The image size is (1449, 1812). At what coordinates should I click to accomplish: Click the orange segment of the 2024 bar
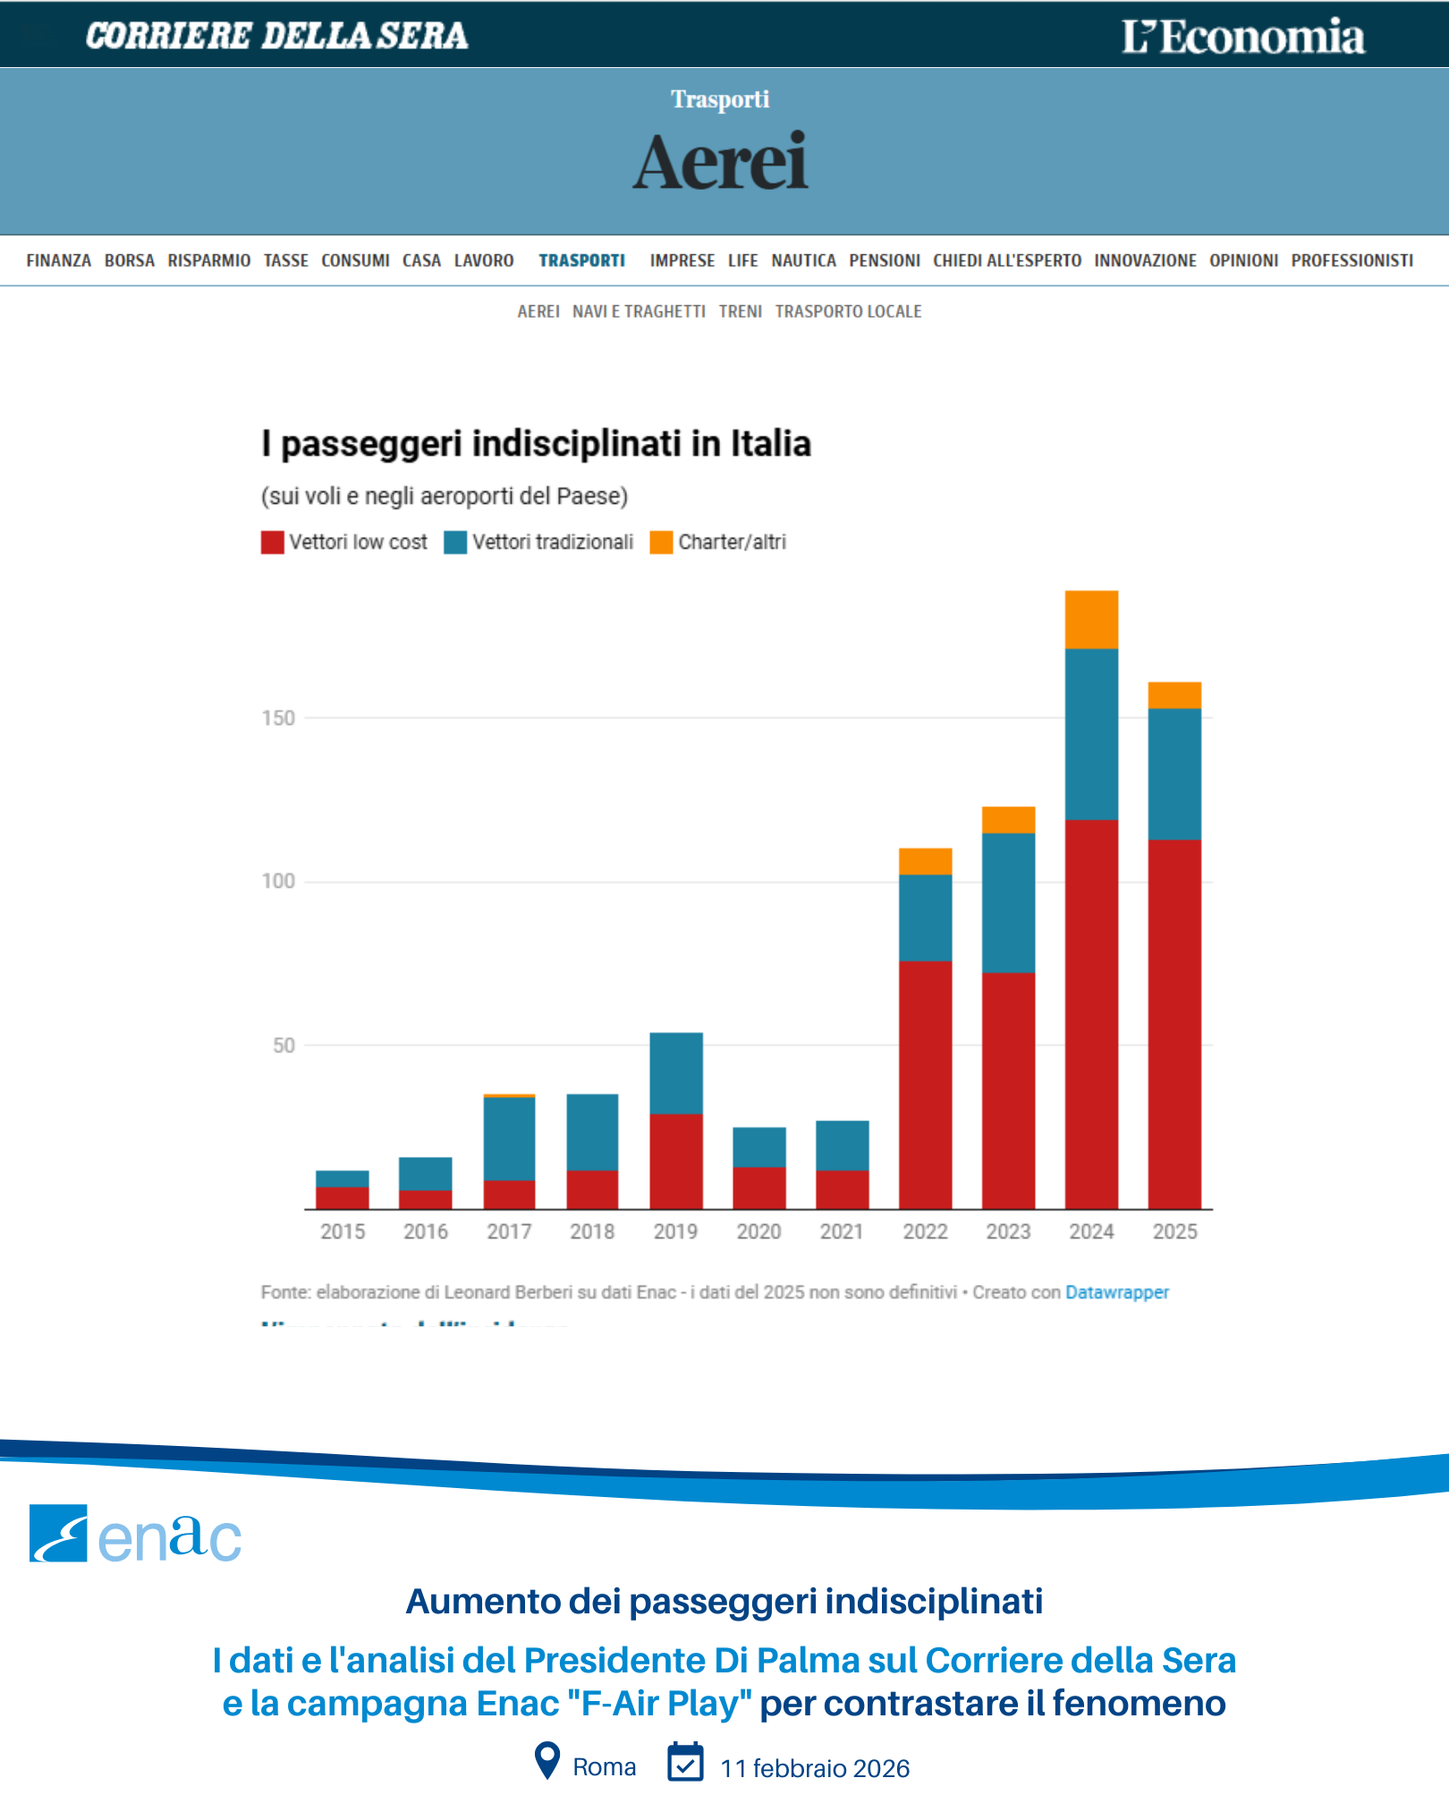coord(1091,619)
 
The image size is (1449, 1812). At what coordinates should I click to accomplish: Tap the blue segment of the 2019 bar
coord(675,1073)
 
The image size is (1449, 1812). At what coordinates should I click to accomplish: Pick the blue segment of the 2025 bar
coord(1174,774)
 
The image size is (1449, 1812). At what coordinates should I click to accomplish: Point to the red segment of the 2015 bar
coord(343,1197)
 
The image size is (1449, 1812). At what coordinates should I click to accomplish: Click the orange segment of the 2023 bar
coord(1008,820)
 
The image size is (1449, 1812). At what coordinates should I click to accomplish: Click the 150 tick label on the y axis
coord(278,718)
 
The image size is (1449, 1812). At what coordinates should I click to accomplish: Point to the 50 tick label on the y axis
coord(284,1045)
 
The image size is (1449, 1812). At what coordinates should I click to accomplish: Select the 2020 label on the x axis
coord(758,1232)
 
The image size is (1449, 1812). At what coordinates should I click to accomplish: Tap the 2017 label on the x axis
coord(509,1232)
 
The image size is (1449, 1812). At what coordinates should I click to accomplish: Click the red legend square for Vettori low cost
coord(272,542)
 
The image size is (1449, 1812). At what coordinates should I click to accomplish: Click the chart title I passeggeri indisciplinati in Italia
coord(536,444)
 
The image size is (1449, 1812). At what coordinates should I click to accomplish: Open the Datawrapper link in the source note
coord(1116,1292)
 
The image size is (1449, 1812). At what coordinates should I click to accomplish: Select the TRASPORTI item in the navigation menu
coord(581,260)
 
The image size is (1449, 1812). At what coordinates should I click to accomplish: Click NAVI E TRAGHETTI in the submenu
coord(639,311)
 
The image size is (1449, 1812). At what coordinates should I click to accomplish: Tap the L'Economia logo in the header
coord(1243,37)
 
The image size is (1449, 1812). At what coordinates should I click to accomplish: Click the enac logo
coord(135,1534)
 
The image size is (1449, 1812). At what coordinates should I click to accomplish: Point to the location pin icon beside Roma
coord(547,1760)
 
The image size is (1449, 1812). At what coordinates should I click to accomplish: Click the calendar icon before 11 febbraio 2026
coord(685,1762)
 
